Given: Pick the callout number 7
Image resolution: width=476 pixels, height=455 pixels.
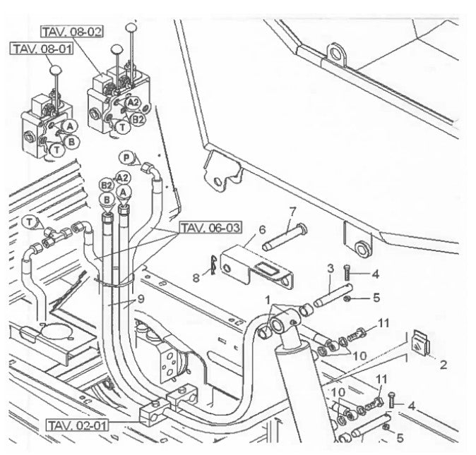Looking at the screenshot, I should pos(291,212).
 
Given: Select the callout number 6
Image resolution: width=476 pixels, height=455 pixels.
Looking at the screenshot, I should pos(261,229).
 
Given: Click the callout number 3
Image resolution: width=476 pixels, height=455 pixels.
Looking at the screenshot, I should pos(329,268).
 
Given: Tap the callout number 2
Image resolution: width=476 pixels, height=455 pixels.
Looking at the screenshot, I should pos(444,365).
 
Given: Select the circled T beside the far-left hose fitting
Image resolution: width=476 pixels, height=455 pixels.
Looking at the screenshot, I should pos(29,222).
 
